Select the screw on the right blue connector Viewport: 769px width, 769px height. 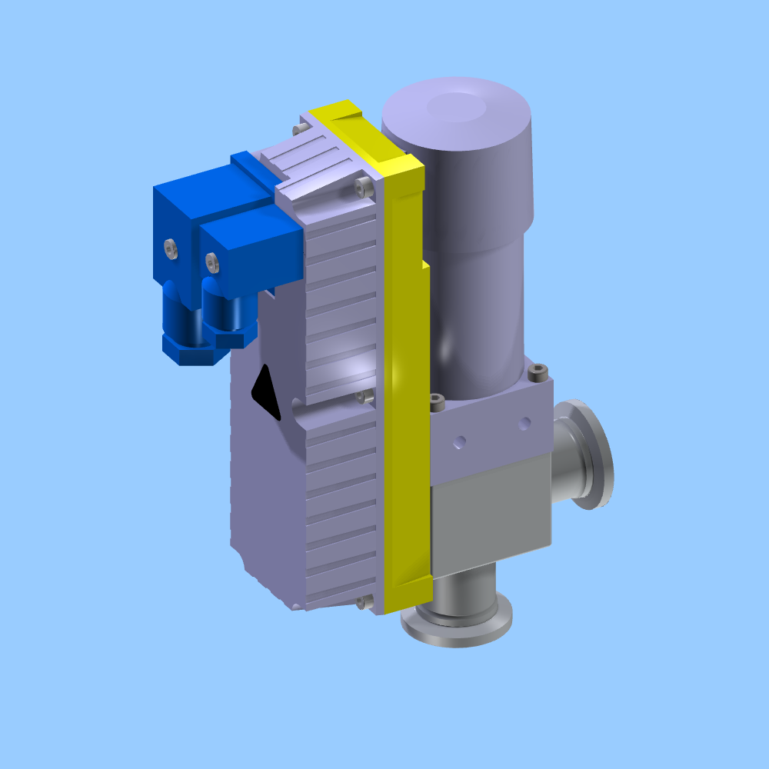212,263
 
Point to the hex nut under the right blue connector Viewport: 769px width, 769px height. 231,337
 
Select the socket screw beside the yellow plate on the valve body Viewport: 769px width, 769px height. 437,401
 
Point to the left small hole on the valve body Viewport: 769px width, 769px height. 460,441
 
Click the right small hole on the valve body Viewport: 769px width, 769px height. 524,422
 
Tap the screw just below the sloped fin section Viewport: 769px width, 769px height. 361,185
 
